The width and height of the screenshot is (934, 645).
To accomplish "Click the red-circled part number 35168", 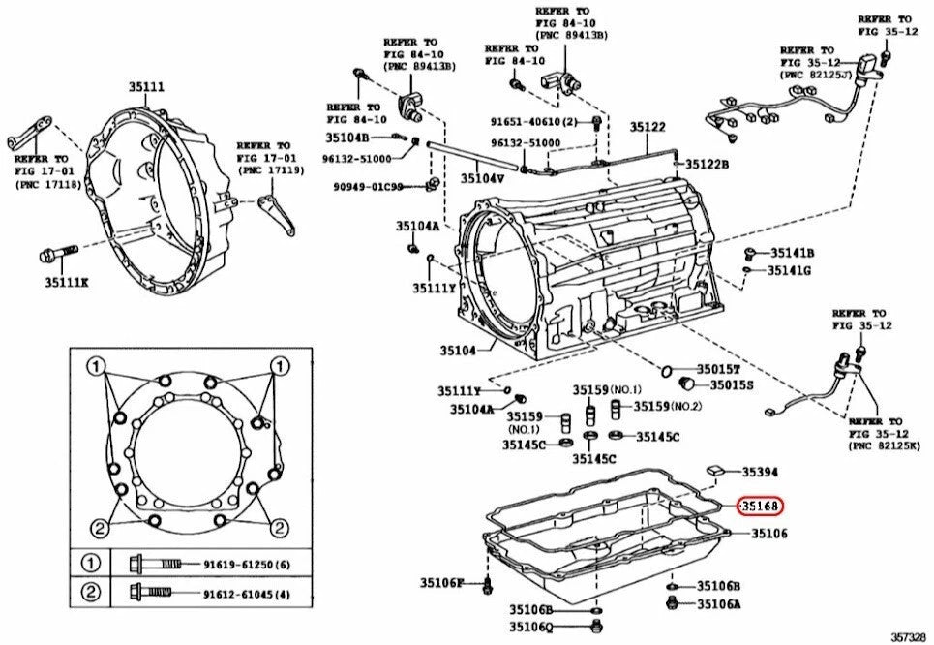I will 760,507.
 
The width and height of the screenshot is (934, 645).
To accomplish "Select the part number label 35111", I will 147,87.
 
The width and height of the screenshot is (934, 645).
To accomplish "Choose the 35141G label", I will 789,270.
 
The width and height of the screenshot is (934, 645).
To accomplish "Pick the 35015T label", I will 719,370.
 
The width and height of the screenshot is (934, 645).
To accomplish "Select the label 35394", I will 760,473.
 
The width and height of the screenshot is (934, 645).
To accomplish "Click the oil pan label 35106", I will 769,534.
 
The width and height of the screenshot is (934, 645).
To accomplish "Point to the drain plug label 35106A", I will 718,604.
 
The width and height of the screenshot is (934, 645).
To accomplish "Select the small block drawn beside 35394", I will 716,470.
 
